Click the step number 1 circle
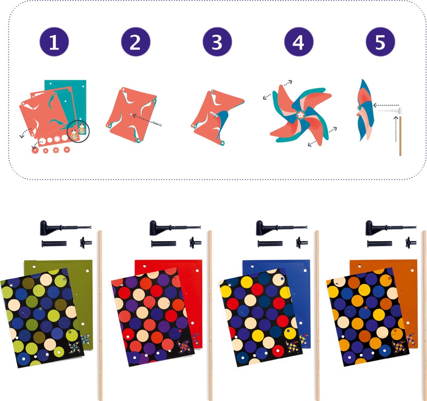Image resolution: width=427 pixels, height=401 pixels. [x=54, y=42]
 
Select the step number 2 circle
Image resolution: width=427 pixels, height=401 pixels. [x=136, y=42]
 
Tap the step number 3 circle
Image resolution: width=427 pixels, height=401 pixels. [x=217, y=42]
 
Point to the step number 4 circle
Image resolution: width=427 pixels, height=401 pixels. [x=299, y=42]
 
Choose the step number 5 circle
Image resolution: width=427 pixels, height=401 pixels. [x=380, y=42]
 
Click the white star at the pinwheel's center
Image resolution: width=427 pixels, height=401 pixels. [x=300, y=115]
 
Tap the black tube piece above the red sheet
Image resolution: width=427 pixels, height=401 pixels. [x=163, y=244]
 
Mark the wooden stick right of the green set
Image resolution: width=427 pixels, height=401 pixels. [x=100, y=315]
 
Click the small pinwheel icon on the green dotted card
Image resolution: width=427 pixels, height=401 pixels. [x=74, y=348]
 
